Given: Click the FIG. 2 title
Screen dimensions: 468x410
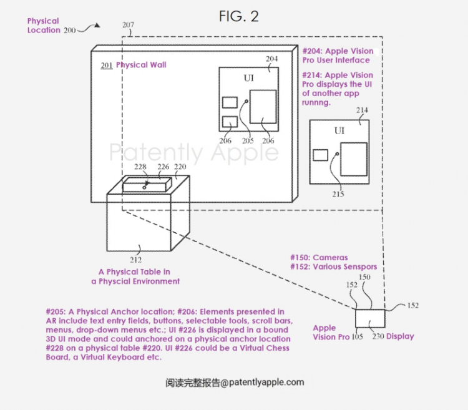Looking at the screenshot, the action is click(x=238, y=16).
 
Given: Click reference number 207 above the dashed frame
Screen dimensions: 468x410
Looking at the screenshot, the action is click(x=128, y=25).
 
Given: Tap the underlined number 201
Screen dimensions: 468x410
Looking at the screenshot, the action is click(x=107, y=66).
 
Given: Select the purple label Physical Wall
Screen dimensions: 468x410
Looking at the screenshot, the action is click(x=141, y=65).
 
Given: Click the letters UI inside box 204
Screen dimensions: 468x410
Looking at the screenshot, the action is click(x=249, y=78).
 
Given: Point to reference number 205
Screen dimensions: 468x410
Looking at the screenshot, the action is click(x=248, y=140).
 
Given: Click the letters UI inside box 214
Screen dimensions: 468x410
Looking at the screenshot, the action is click(x=339, y=130).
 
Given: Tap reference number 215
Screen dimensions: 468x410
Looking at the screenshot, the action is click(x=338, y=194).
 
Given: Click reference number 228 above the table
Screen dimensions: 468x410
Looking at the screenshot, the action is click(x=140, y=167).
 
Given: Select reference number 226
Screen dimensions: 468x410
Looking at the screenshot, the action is click(x=163, y=167).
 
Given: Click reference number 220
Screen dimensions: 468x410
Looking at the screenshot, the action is click(x=180, y=167).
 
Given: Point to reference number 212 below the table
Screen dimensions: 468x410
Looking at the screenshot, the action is click(x=136, y=260).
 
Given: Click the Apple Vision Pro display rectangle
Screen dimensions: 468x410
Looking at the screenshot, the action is click(x=370, y=318).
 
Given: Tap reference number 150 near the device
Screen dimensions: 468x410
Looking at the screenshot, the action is click(x=364, y=277).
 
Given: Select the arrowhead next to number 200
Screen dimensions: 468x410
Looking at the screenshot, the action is click(x=97, y=26).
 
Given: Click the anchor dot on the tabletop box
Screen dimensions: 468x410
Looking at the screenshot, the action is click(x=145, y=187).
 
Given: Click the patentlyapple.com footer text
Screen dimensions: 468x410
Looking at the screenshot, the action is click(x=235, y=383).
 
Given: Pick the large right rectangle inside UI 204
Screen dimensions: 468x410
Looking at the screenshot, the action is click(x=263, y=107).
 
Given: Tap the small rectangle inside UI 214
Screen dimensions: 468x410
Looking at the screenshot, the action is click(x=321, y=155).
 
